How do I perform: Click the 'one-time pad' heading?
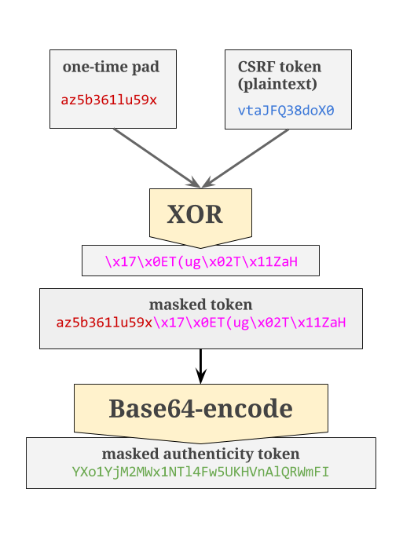111,67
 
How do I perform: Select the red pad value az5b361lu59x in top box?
109,100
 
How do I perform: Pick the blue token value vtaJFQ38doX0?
286,111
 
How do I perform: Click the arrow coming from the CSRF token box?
247,155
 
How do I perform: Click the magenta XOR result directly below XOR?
201,261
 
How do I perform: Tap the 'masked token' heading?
200,305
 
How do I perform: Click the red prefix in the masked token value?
104,323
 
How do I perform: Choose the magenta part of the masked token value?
250,323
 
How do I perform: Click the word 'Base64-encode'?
200,409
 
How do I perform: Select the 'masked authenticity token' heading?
200,454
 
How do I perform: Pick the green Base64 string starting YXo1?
200,472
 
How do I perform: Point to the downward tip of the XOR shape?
201,246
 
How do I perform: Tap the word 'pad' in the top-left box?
146,67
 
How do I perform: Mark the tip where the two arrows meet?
202,186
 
